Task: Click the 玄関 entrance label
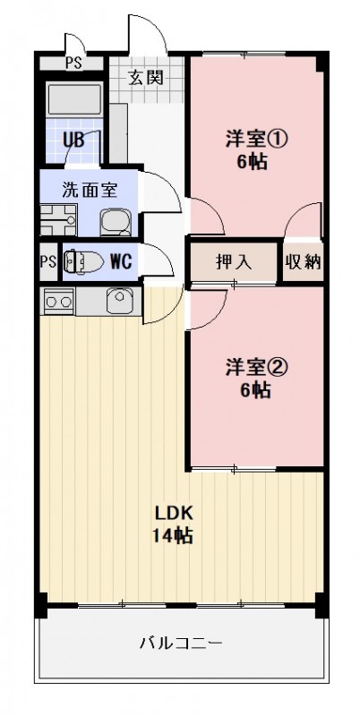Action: [145, 77]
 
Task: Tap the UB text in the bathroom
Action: [73, 140]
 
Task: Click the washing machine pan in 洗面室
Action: [58, 220]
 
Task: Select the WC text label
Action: [122, 262]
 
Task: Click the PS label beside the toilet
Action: [47, 262]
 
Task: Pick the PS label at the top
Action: [73, 63]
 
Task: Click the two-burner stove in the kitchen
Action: [58, 302]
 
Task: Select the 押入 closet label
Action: [233, 262]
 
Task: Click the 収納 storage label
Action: [304, 262]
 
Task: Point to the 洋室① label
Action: [254, 140]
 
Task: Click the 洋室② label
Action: [254, 368]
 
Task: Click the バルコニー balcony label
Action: [180, 643]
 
